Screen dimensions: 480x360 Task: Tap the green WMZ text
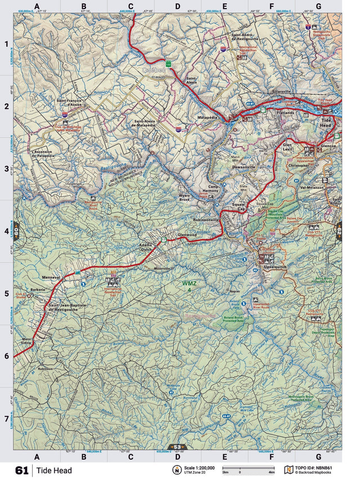coord(188,283)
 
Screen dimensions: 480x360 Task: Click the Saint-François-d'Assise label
coord(69,103)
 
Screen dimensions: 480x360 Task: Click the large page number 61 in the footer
coord(22,470)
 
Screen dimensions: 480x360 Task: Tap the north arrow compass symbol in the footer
coord(177,470)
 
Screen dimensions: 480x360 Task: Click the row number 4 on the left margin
coord(6,231)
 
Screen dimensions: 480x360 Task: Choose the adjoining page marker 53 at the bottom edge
coord(176,447)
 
